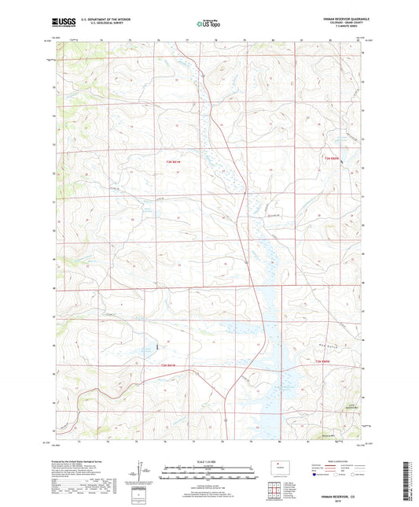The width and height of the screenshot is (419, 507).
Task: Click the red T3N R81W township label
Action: [x=179, y=161]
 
